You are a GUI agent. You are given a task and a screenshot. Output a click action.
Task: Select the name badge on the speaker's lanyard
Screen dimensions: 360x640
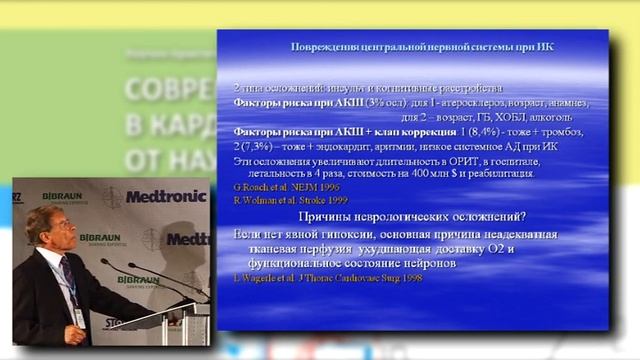(x=78, y=315)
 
